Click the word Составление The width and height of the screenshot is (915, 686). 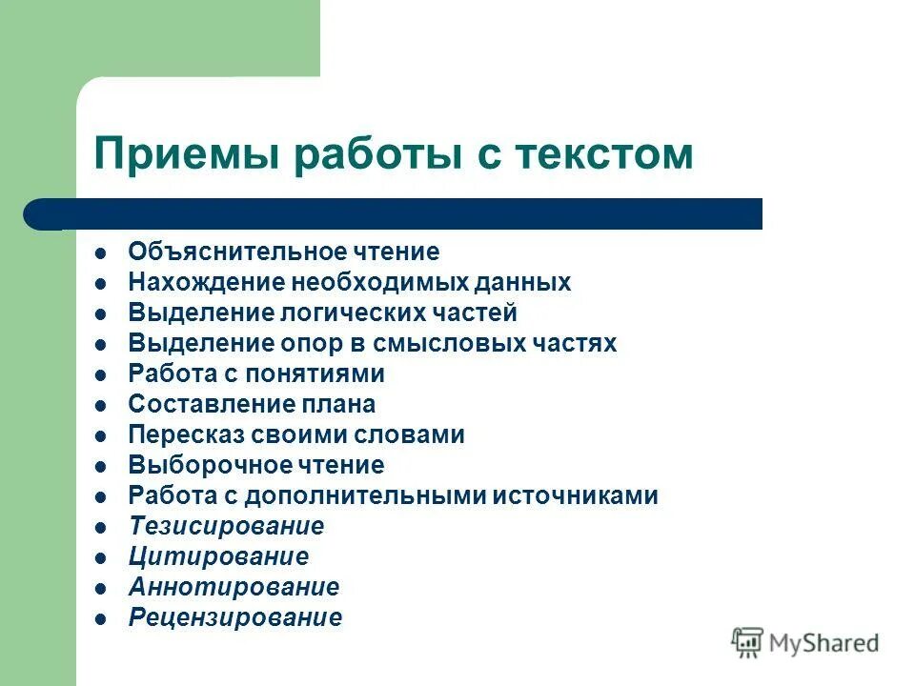tap(196, 405)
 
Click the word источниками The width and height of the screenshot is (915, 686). tap(579, 496)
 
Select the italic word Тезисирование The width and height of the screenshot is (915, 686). tap(226, 527)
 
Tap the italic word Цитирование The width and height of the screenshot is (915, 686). tap(218, 557)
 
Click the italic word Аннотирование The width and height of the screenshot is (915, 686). tap(234, 588)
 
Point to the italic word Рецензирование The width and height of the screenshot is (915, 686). tap(234, 618)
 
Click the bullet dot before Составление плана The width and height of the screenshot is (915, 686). tap(101, 406)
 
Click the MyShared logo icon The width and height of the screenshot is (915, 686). tap(748, 643)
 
